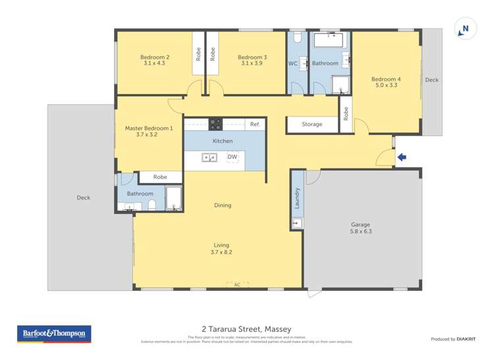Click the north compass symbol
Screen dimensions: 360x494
click(x=465, y=29)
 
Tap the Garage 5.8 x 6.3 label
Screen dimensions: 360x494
click(x=360, y=228)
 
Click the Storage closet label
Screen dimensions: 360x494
click(x=312, y=124)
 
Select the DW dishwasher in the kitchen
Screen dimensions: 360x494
click(x=232, y=157)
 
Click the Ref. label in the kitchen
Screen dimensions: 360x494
click(x=255, y=124)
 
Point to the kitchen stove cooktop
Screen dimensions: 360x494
click(x=215, y=124)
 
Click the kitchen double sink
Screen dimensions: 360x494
click(x=209, y=157)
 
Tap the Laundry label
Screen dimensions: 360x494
click(x=298, y=199)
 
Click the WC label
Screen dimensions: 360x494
click(x=293, y=64)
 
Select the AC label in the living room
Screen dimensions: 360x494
click(x=237, y=284)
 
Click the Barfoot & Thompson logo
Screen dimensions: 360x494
click(x=53, y=334)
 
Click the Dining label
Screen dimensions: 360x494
click(x=223, y=205)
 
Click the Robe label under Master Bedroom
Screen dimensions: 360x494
click(x=160, y=177)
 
